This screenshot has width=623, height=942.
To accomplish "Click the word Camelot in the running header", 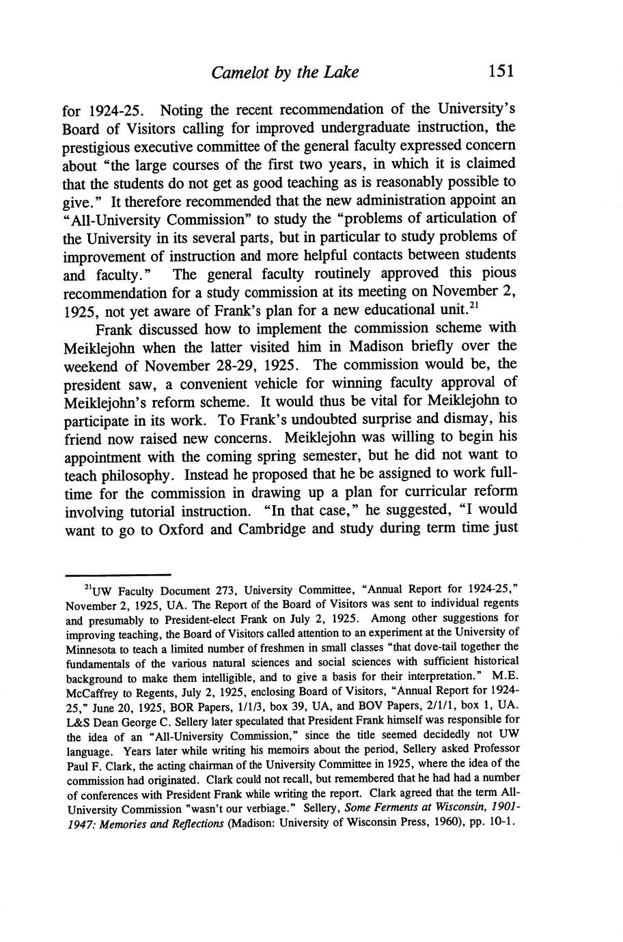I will click(x=241, y=72).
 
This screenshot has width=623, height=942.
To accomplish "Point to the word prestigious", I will click(x=100, y=146).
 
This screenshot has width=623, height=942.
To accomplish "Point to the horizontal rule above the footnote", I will click(x=116, y=575).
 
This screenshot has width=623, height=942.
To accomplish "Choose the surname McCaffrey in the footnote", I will click(x=92, y=691).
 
